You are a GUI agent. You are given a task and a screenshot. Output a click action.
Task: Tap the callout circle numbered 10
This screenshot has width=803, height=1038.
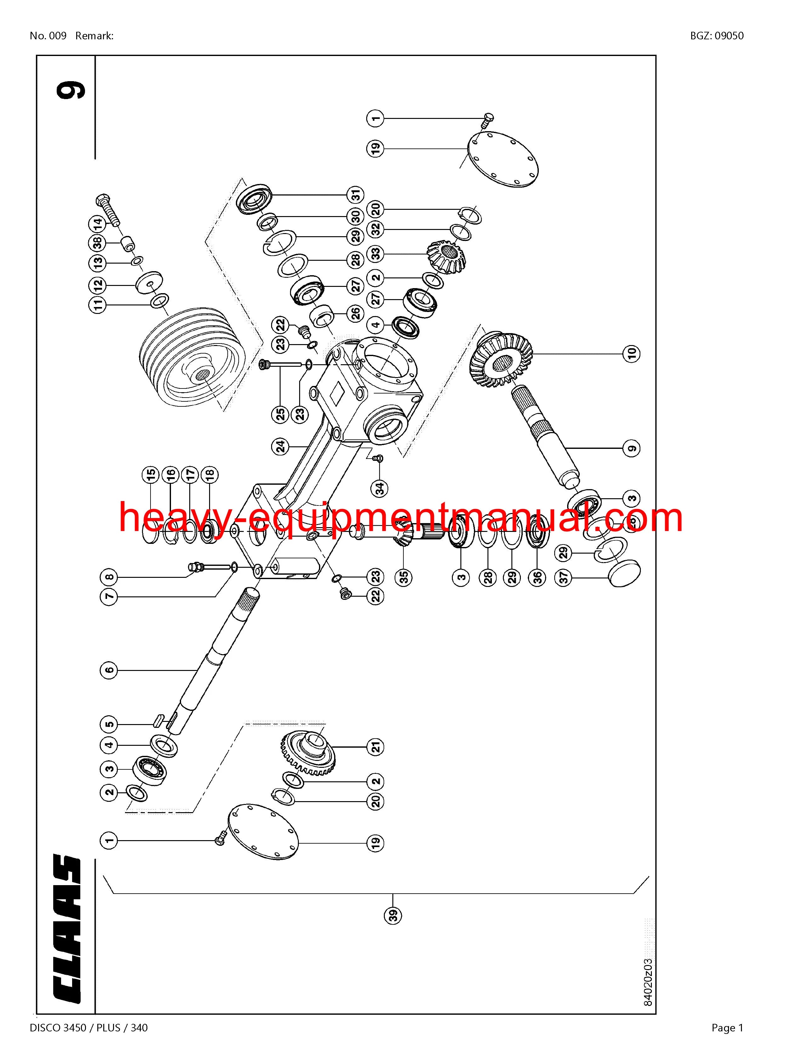point(631,353)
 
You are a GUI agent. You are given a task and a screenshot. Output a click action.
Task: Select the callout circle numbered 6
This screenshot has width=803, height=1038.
point(109,670)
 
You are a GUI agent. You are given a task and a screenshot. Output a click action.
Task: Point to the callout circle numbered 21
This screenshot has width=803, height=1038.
point(376,747)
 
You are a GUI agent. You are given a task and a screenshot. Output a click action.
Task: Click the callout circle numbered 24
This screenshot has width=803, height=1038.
point(281,446)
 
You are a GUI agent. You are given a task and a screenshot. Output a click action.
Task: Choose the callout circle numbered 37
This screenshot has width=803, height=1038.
point(564,578)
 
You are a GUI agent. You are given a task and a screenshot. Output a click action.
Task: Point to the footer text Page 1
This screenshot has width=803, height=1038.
point(727,1028)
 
